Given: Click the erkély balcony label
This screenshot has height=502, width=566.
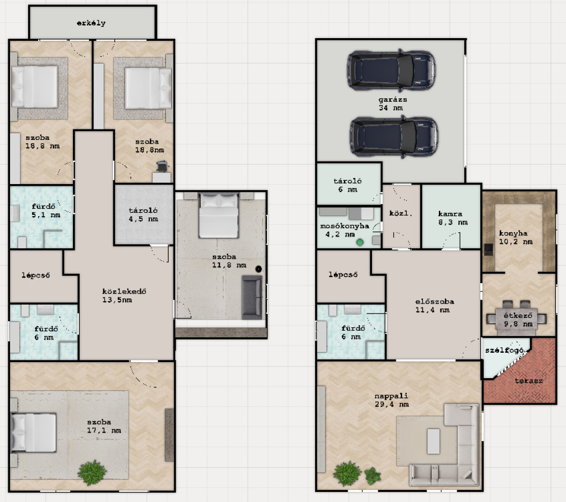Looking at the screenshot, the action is (91, 23).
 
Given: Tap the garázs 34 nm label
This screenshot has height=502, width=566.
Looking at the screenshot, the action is (392, 103).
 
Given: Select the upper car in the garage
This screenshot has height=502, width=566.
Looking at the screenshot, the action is (391, 70).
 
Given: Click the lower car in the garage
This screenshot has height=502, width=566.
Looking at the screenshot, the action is (394, 137).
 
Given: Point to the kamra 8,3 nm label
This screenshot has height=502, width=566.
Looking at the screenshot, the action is (452, 218).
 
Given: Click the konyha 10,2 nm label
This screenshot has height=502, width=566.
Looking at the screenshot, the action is (516, 238).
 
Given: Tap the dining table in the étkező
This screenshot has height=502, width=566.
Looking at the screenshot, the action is (516, 318).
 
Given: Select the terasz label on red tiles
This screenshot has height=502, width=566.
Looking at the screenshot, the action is (528, 381).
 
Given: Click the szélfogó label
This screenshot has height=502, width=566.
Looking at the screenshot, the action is (504, 351).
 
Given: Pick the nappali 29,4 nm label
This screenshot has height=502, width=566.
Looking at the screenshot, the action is (392, 400).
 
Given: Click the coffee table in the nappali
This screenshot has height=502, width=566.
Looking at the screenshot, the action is (433, 441).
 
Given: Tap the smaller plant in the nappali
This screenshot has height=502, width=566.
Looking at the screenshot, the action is (373, 475).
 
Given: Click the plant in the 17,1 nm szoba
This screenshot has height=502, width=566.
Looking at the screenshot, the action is (92, 472).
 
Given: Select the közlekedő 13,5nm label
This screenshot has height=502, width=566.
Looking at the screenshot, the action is (124, 295).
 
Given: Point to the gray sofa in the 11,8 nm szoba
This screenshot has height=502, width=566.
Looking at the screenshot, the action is (251, 297).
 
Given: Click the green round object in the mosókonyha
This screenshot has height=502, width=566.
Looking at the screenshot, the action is (359, 242).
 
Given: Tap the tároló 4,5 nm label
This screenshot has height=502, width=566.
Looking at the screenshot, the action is (143, 215).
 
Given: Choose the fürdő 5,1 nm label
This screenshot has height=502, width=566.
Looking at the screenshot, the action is (45, 211).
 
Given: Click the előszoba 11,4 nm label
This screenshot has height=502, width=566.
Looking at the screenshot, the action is (434, 306).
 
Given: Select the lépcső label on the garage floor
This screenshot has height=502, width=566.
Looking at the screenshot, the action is (343, 275).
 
